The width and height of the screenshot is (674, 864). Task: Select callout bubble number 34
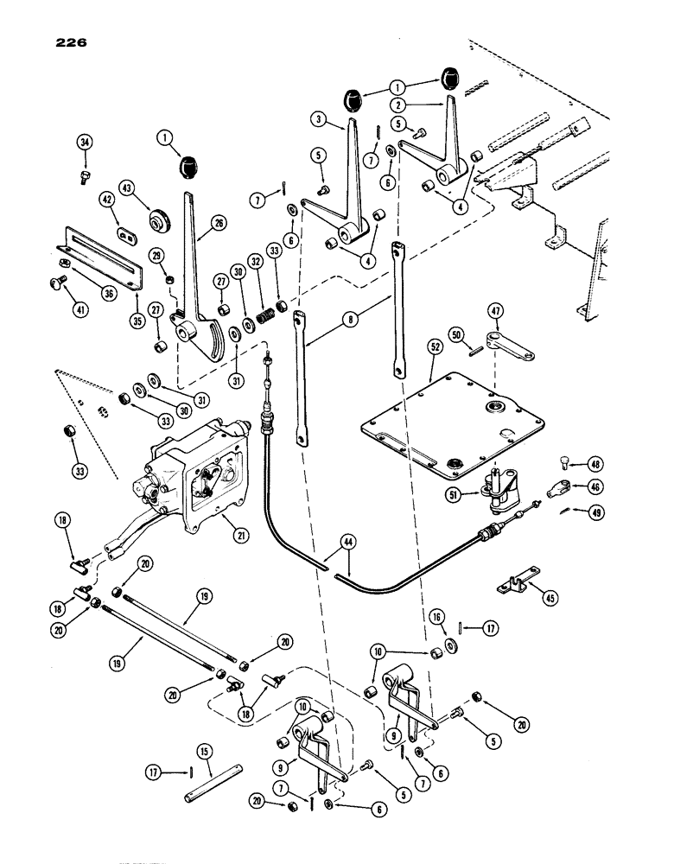84,143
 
